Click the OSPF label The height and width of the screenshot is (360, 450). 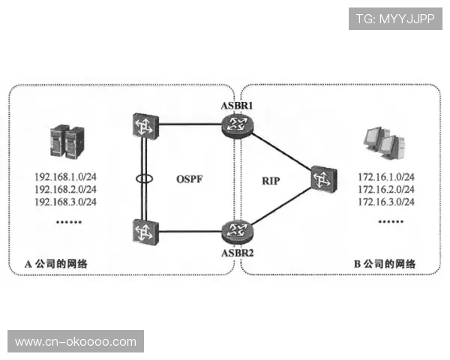[x=191, y=180]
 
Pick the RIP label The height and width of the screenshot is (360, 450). [x=271, y=180]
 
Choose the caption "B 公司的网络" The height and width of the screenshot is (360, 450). [x=384, y=264]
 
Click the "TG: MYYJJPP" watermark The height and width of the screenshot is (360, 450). [x=395, y=18]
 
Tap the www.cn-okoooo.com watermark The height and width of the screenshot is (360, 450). [x=75, y=342]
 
